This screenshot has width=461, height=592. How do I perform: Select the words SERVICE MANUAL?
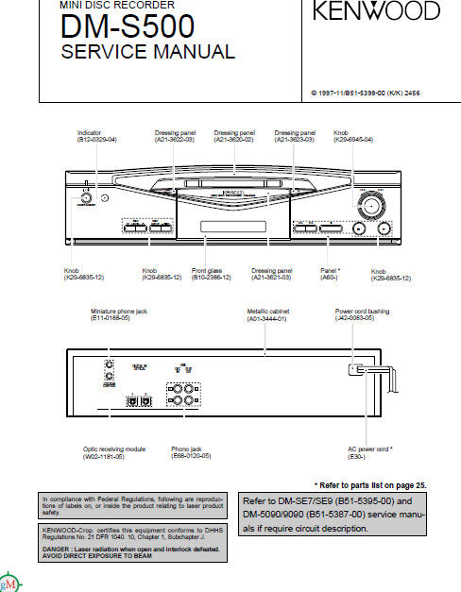(x=147, y=52)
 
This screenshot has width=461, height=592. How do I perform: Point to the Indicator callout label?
(x=91, y=133)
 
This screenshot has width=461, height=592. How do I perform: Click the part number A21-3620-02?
(x=233, y=139)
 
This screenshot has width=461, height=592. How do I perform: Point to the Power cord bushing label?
(x=362, y=311)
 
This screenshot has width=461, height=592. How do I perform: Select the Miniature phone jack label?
(x=120, y=311)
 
